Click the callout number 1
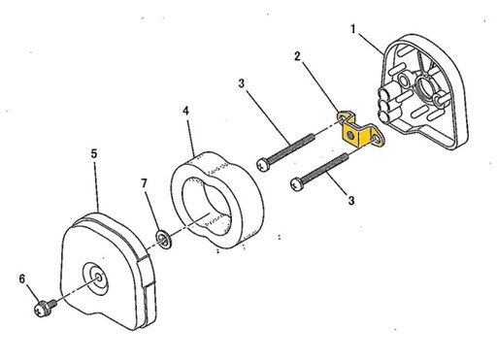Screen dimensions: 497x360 pyautogui.click(x=353, y=30)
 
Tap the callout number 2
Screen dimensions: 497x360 pyautogui.click(x=297, y=56)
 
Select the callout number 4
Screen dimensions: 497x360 pyautogui.click(x=185, y=111)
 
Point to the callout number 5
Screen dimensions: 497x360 pyautogui.click(x=94, y=153)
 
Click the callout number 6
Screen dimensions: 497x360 pyautogui.click(x=22, y=278)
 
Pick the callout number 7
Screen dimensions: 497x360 pyautogui.click(x=144, y=183)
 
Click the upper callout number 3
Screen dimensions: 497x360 pyautogui.click(x=242, y=83)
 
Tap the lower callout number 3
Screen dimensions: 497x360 pyautogui.click(x=351, y=200)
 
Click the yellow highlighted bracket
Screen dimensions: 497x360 pyautogui.click(x=360, y=129)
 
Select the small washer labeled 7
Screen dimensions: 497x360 pyautogui.click(x=163, y=239)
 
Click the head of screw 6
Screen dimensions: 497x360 pyautogui.click(x=41, y=309)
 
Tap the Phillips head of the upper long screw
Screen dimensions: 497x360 pyautogui.click(x=263, y=164)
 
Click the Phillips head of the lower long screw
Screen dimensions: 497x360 pyautogui.click(x=298, y=184)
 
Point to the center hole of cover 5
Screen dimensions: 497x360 pyautogui.click(x=99, y=278)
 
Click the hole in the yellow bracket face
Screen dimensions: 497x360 pyautogui.click(x=350, y=134)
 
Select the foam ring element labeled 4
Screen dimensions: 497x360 pyautogui.click(x=217, y=200)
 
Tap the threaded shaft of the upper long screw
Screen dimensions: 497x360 pyautogui.click(x=291, y=147)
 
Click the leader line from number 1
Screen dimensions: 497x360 pyautogui.click(x=370, y=44)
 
